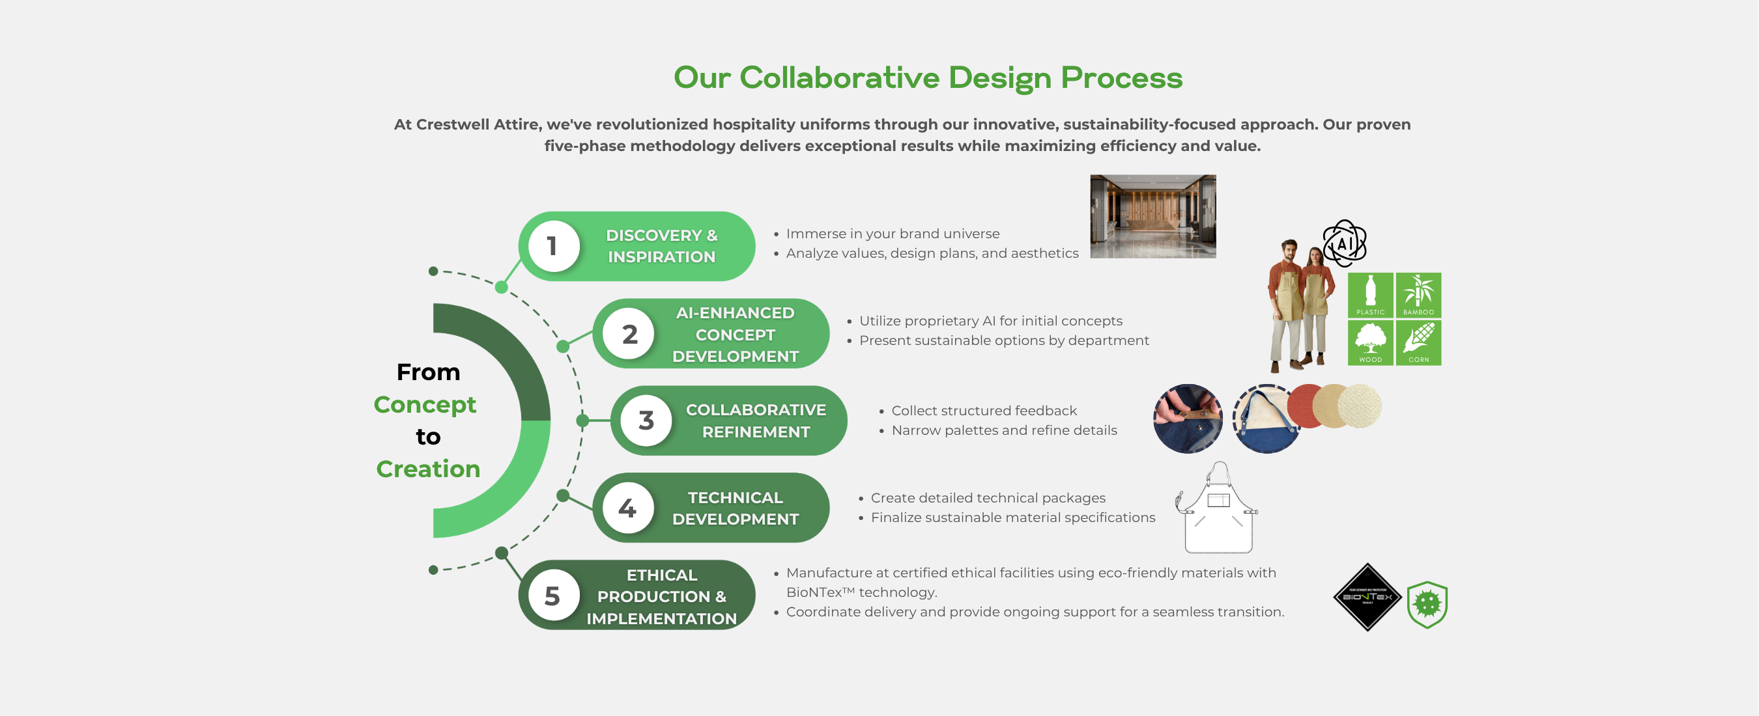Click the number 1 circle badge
click(552, 247)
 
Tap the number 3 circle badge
click(646, 421)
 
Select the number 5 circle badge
click(552, 596)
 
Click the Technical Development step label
click(735, 508)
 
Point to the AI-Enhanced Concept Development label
click(735, 335)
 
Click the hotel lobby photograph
click(1152, 216)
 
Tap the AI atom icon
click(1344, 243)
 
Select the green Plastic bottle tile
click(1370, 295)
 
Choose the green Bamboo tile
click(1418, 295)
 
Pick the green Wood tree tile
click(1370, 342)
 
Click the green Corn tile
click(1418, 342)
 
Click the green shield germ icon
click(1427, 604)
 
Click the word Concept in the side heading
click(425, 405)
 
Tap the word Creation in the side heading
click(428, 469)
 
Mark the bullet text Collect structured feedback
click(984, 411)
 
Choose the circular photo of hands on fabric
click(1188, 419)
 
